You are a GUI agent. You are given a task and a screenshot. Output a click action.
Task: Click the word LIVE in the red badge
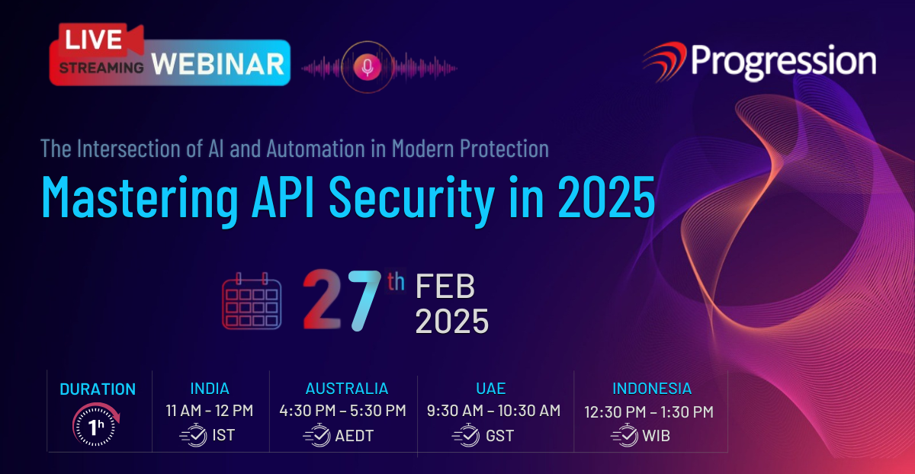[x=93, y=40]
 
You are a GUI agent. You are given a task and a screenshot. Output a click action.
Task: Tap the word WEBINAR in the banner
[x=218, y=64]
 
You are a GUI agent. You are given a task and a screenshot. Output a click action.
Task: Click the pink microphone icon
[x=368, y=67]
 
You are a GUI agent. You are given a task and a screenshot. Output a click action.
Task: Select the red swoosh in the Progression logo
[x=665, y=61]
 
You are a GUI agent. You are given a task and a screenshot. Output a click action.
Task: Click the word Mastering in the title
[x=140, y=198]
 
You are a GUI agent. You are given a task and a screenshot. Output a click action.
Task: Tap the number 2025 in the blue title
[x=607, y=197]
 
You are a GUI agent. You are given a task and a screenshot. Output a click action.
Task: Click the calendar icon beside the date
[x=252, y=301]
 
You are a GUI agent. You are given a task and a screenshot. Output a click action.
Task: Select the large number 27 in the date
[x=342, y=299]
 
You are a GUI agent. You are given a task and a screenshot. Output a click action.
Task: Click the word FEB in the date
[x=445, y=287]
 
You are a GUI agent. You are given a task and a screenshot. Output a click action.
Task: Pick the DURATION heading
[x=98, y=389]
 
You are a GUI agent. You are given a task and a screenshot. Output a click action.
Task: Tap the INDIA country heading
[x=210, y=388]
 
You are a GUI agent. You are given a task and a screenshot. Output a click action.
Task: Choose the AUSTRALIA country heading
[x=347, y=388]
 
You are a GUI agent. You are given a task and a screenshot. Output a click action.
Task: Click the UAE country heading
[x=490, y=388]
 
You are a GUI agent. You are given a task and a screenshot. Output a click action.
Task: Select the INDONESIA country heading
[x=652, y=388]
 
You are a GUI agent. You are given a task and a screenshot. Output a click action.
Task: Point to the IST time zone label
[x=223, y=435]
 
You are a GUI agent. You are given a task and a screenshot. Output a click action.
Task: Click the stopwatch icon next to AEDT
[x=316, y=435]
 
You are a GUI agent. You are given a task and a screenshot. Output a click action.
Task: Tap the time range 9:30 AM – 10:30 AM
[x=493, y=411]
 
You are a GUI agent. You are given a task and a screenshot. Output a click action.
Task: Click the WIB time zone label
[x=656, y=436]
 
